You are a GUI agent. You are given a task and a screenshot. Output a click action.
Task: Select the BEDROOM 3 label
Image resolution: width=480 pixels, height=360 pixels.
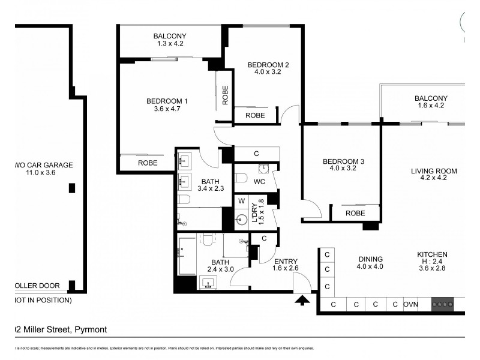coord(343,166)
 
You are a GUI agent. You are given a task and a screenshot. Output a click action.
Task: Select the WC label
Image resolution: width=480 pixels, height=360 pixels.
coord(259,181)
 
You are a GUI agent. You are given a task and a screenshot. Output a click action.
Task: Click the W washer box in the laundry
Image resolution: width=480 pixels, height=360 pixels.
coord(242,200)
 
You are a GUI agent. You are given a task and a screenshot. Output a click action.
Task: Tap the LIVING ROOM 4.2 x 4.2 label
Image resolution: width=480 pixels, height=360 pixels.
coord(434,175)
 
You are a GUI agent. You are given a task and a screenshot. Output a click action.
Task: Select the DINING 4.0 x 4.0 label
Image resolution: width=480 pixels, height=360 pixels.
coord(370,262)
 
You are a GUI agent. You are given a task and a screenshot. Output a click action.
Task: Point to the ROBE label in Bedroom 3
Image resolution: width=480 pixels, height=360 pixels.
coord(355,213)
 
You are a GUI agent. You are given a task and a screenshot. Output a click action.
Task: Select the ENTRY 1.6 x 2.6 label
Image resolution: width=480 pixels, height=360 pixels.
coord(286,266)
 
